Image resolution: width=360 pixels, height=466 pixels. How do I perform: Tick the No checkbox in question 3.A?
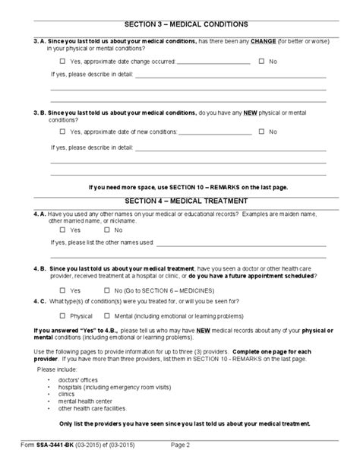coord(261,60)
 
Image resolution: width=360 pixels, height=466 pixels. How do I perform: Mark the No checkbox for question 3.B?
coord(261,132)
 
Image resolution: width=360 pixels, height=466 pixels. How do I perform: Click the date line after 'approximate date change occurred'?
coord(214,62)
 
